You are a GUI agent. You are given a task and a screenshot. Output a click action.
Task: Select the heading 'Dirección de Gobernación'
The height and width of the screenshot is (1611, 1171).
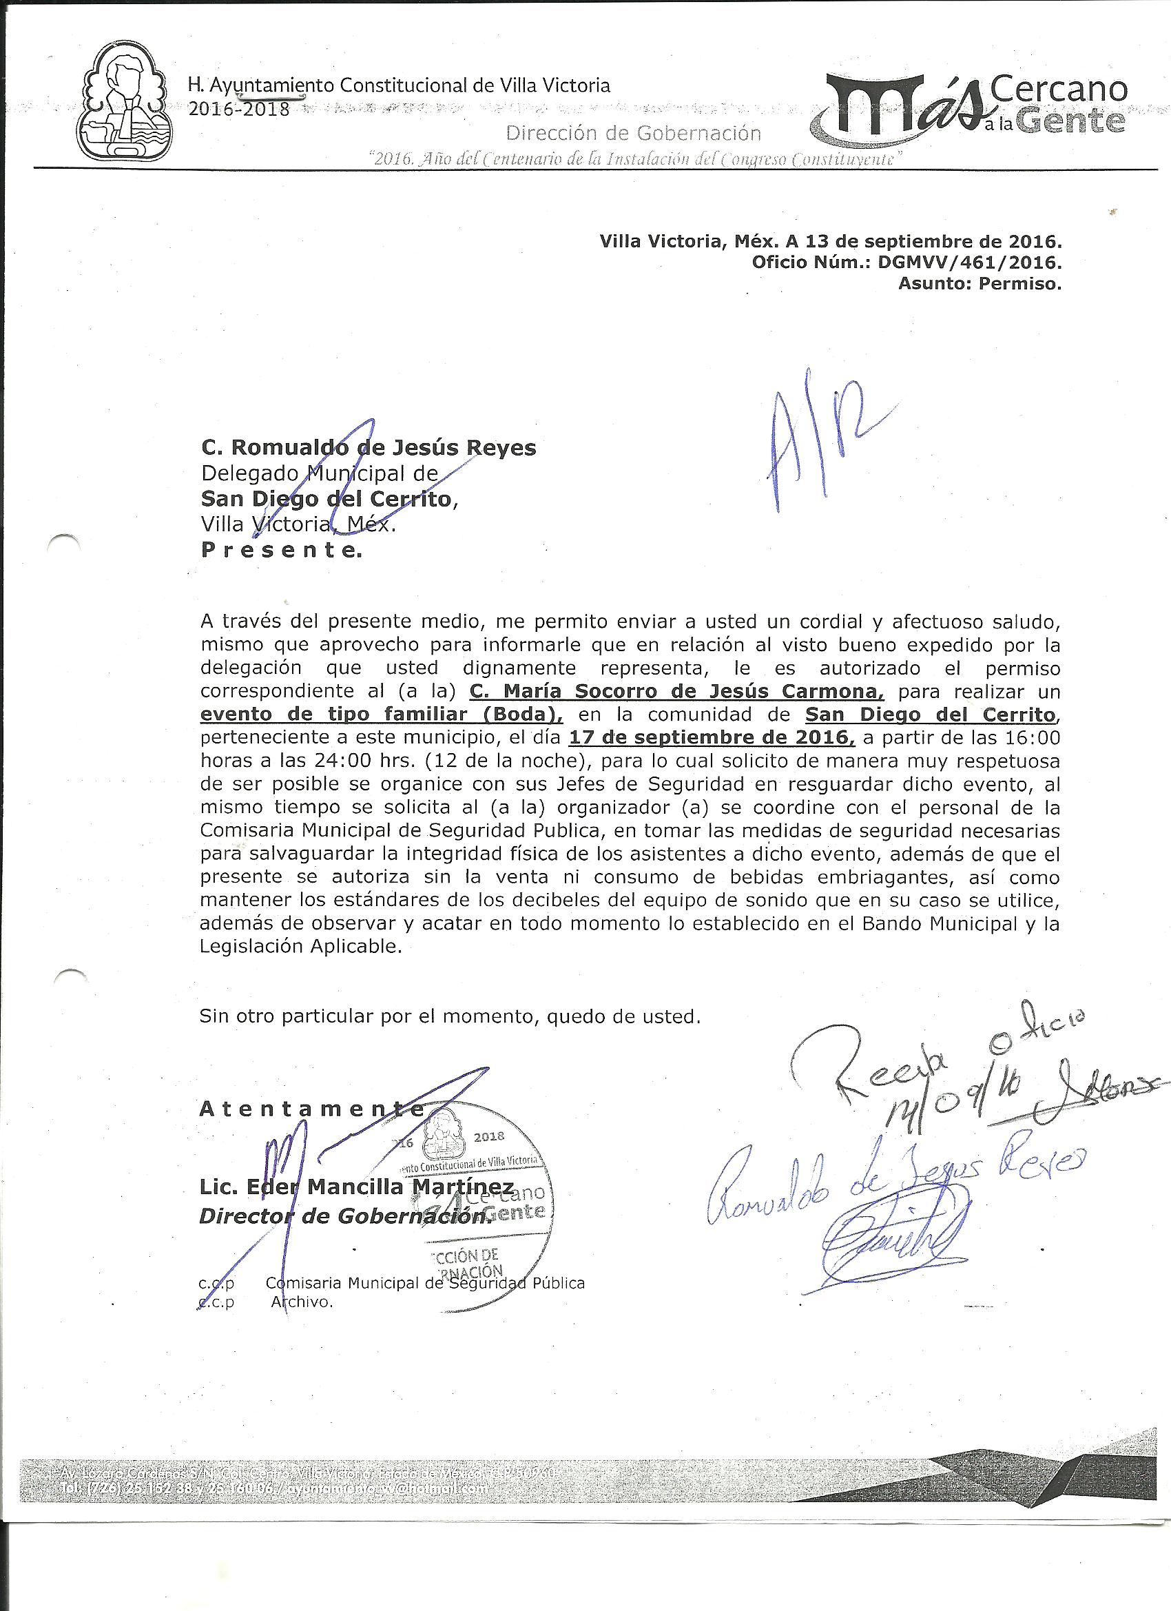click(634, 133)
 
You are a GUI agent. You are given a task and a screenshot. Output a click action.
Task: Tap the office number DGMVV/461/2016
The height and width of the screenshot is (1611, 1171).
click(969, 263)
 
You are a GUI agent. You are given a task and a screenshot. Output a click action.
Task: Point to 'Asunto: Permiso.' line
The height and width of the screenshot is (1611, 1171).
click(980, 285)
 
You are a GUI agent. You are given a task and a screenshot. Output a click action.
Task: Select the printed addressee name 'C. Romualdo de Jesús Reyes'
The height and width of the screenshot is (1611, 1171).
click(369, 448)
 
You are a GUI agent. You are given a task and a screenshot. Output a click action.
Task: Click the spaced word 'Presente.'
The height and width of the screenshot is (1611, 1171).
click(281, 551)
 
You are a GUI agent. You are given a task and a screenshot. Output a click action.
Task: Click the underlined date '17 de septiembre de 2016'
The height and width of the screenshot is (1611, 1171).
click(712, 737)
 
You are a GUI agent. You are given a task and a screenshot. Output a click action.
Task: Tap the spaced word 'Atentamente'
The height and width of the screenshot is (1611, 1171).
click(311, 1109)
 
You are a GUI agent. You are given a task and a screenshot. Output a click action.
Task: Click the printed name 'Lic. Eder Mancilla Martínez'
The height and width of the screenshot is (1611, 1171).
click(357, 1187)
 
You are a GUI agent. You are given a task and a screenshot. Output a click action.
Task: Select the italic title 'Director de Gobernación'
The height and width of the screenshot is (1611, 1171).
click(344, 1217)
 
